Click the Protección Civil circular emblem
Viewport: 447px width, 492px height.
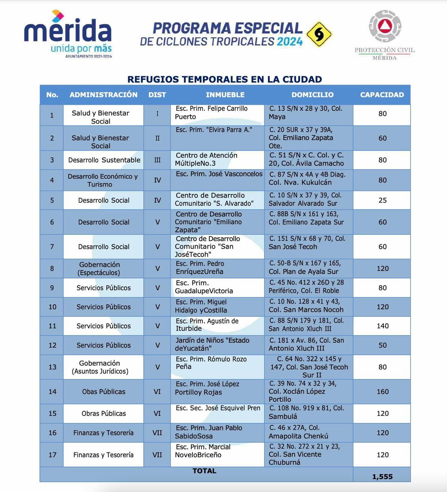click(x=385, y=26)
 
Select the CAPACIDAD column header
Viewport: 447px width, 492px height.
click(x=382, y=95)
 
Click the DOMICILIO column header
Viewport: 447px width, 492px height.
click(x=312, y=95)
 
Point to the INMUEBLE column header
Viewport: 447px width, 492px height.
click(x=225, y=95)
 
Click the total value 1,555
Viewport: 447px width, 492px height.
click(x=382, y=477)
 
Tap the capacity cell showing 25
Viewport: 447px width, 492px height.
click(x=382, y=200)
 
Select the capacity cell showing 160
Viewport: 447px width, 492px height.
click(x=382, y=392)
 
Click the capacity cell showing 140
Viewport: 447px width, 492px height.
click(x=382, y=326)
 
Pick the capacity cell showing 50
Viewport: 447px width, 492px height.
click(x=382, y=345)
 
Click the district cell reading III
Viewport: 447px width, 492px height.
click(x=157, y=160)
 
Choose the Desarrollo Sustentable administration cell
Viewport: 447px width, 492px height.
click(x=104, y=160)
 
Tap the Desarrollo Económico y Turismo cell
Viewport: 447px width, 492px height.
click(x=103, y=180)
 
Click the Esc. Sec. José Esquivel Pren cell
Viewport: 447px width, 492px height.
click(x=218, y=408)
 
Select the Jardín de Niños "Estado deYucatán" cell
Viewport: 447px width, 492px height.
click(x=212, y=344)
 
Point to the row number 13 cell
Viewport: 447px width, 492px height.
click(x=52, y=367)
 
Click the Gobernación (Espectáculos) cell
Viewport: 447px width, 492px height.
click(x=99, y=269)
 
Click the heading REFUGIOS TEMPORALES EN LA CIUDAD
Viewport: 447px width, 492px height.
click(x=225, y=79)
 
